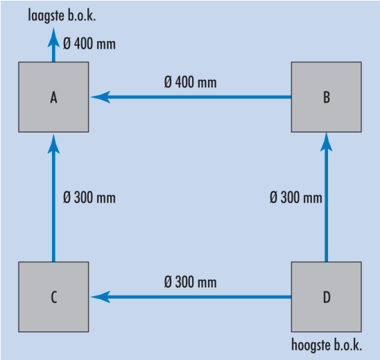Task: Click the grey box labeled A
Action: [x=53, y=97]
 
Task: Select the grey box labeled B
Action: [x=327, y=97]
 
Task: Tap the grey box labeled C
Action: [x=53, y=297]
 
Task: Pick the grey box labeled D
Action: [x=327, y=297]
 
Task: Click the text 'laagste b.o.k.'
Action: [x=62, y=15]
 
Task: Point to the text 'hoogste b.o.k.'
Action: [x=327, y=345]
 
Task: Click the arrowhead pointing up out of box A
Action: [x=53, y=37]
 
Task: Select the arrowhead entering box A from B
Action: [x=101, y=97]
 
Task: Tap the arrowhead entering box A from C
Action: [x=53, y=144]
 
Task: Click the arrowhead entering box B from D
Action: [x=327, y=142]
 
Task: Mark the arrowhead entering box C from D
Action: [x=101, y=297]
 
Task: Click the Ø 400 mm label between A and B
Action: [x=190, y=82]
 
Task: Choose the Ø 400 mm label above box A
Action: [x=89, y=44]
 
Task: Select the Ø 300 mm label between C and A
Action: [x=89, y=197]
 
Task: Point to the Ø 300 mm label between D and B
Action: [x=296, y=197]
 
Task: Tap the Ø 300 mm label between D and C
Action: [x=190, y=282]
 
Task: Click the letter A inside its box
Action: [x=53, y=97]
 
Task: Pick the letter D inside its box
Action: [x=327, y=297]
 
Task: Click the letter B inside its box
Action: [x=327, y=97]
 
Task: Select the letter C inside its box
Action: [x=54, y=297]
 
